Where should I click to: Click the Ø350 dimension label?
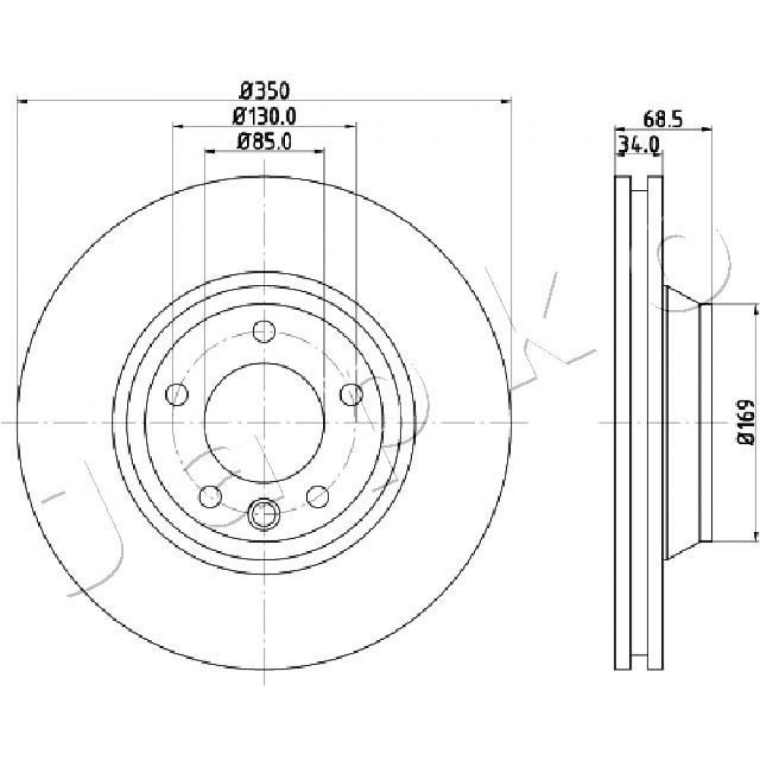[264, 90]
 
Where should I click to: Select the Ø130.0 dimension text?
[264, 116]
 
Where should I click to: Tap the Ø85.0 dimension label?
[264, 141]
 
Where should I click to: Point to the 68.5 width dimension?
[663, 119]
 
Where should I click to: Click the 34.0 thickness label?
[638, 144]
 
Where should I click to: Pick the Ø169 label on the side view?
[746, 422]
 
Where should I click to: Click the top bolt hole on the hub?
[264, 331]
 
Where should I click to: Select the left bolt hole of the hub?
[177, 394]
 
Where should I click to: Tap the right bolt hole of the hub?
[351, 394]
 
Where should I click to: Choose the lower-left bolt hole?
[211, 497]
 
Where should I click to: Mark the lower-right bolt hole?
[318, 497]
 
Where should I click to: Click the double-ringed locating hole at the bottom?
[264, 514]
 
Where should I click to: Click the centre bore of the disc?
[264, 423]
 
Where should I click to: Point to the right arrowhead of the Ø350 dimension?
[505, 101]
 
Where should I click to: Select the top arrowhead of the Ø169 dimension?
[755, 310]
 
